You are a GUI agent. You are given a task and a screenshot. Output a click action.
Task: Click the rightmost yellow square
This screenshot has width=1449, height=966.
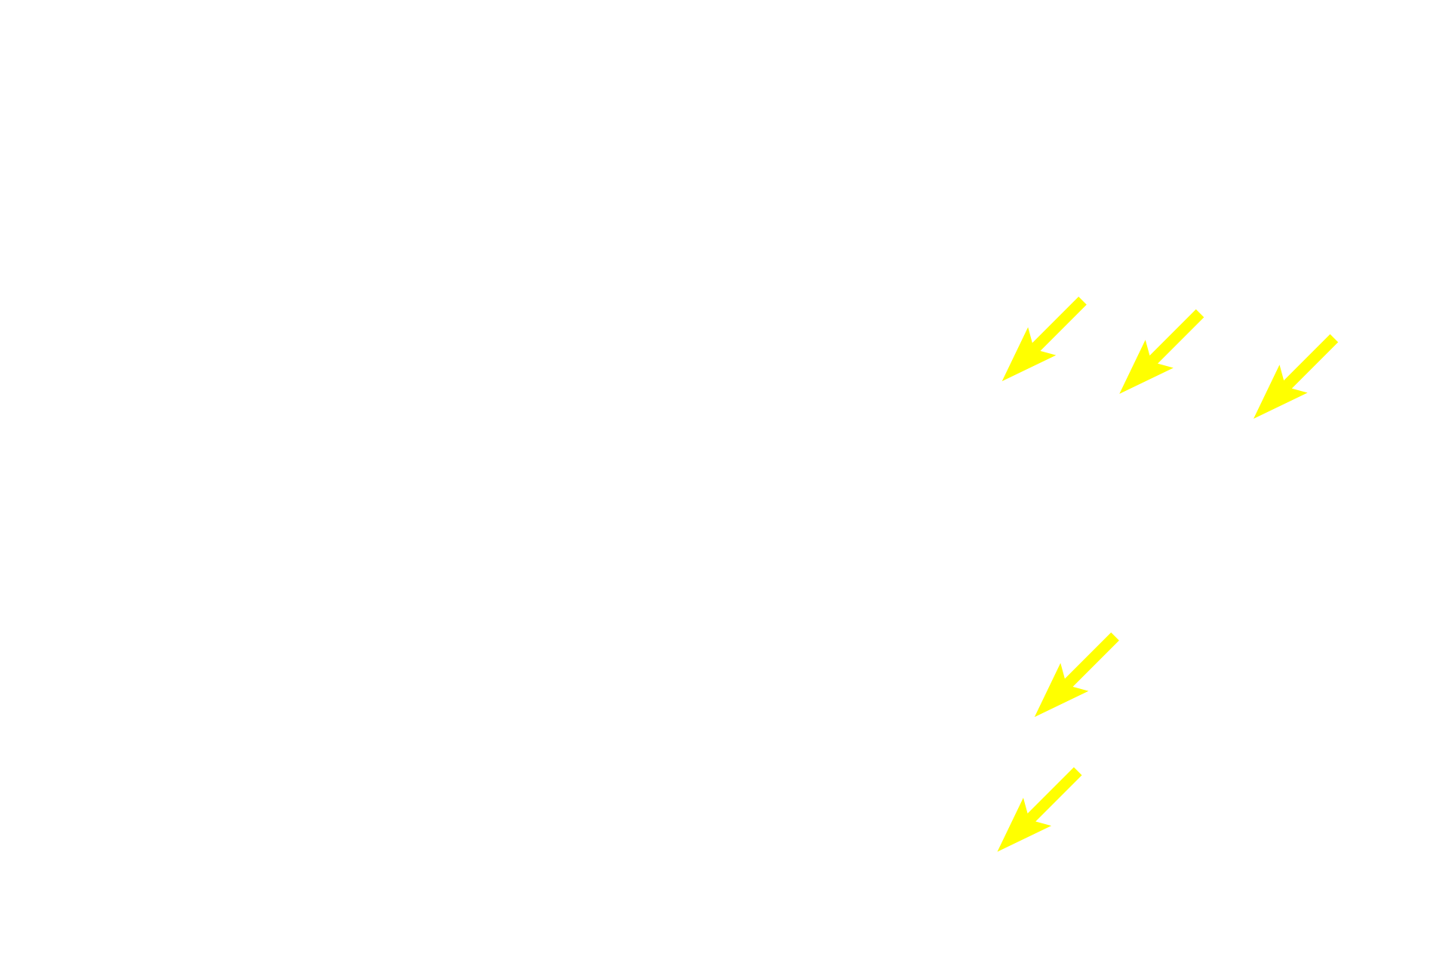tap(1295, 376)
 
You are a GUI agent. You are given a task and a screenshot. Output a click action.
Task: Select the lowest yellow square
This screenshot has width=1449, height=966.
tap(1040, 809)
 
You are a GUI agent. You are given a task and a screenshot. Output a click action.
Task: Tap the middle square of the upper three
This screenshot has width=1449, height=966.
tap(1161, 351)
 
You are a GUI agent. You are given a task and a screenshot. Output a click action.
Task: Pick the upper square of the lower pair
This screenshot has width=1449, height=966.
tap(1076, 675)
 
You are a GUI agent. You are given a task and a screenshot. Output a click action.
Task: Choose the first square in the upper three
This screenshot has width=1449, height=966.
tap(1044, 340)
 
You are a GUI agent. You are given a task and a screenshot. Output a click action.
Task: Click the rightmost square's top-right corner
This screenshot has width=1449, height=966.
tap(1338, 334)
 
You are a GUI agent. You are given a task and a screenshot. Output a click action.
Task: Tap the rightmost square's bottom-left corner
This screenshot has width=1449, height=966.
tap(1253, 419)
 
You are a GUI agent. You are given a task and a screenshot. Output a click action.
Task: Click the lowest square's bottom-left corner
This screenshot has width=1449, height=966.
tap(998, 851)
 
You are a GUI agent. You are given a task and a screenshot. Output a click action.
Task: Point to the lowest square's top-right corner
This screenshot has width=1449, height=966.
tap(1082, 767)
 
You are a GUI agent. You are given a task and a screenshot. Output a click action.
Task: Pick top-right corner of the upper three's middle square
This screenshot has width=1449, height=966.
tap(1204, 309)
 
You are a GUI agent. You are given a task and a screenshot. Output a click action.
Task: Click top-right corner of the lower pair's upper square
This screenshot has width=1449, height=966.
tap(1119, 632)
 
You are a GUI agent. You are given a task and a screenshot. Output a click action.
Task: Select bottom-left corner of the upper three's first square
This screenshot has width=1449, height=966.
tap(1001, 382)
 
